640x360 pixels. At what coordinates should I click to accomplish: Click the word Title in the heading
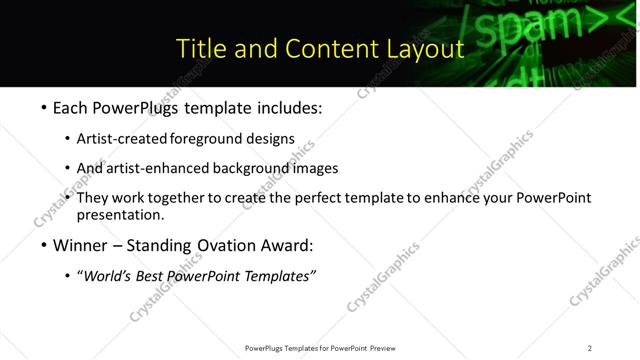click(x=200, y=48)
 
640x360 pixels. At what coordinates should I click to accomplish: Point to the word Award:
click(x=285, y=245)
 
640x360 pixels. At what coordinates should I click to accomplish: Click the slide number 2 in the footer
click(x=589, y=348)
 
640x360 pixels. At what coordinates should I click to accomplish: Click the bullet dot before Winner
click(x=43, y=245)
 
